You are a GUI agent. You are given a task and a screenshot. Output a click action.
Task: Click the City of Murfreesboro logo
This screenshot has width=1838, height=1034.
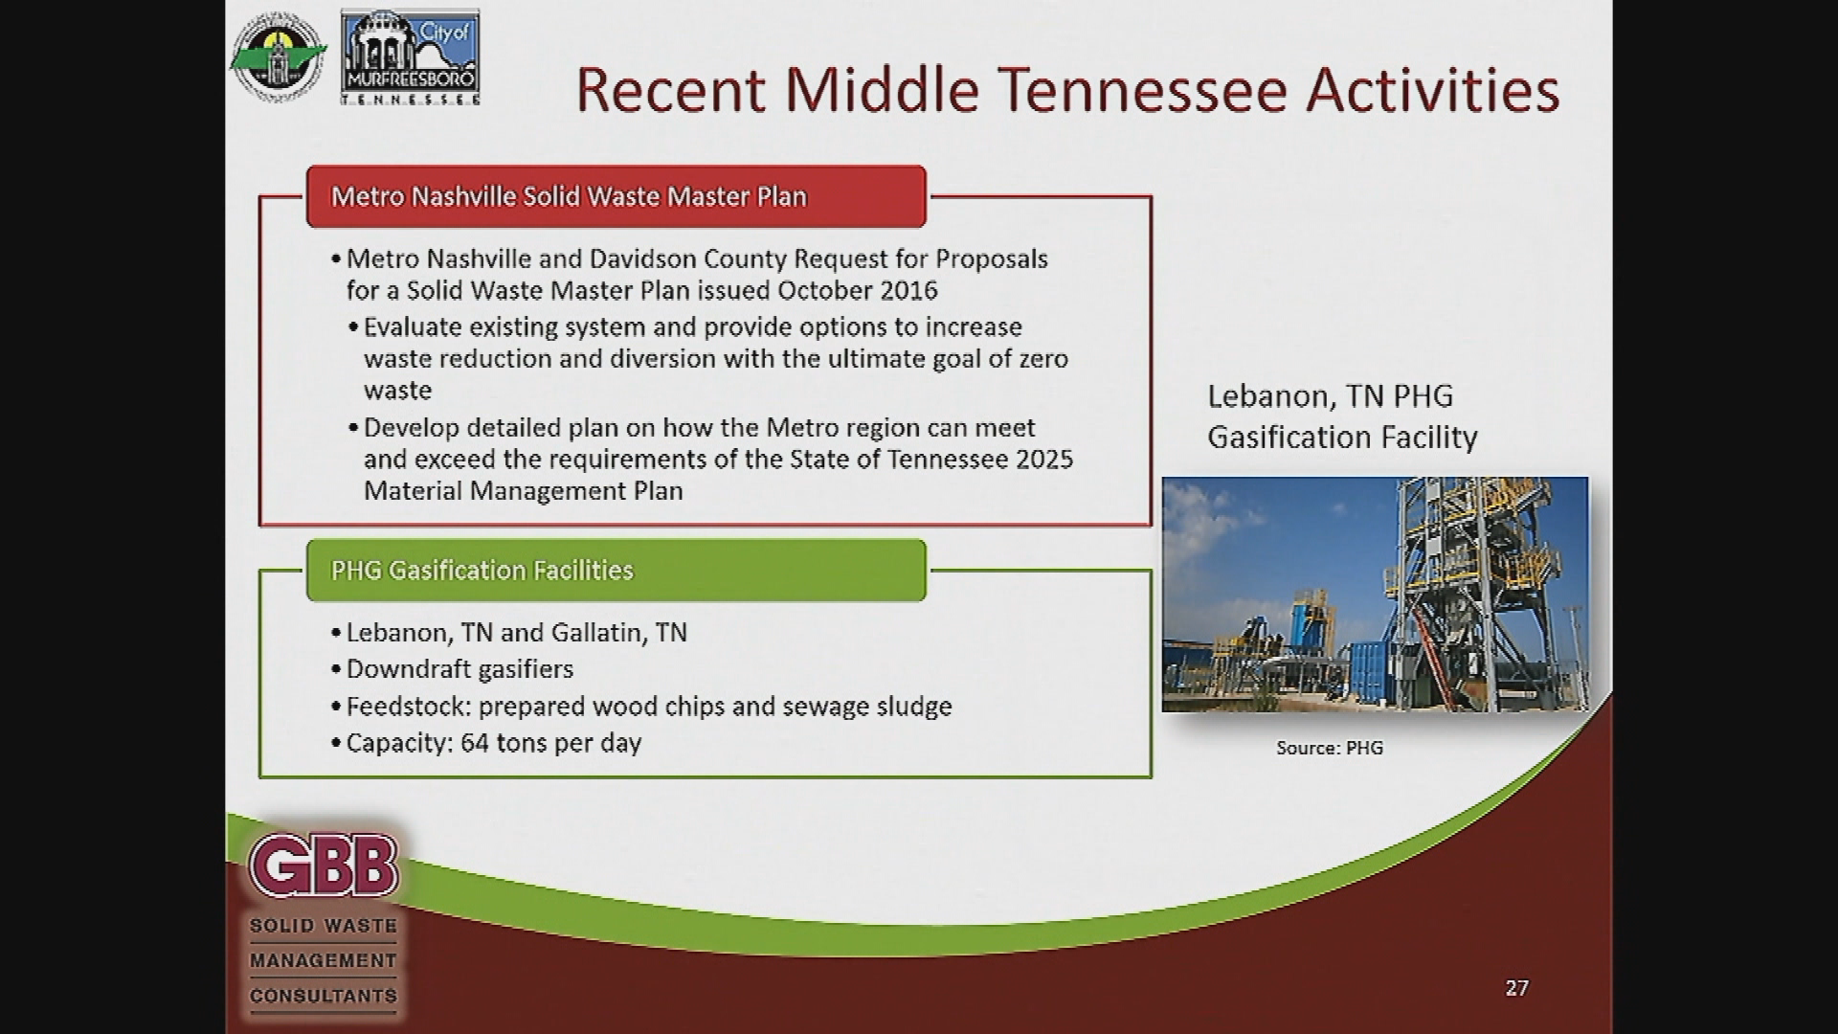pyautogui.click(x=411, y=57)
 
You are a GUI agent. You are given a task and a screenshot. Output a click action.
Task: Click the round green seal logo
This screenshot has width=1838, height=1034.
pyautogui.click(x=277, y=57)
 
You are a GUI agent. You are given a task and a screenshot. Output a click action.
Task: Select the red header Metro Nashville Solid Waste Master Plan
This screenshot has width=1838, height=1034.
pyautogui.click(x=616, y=196)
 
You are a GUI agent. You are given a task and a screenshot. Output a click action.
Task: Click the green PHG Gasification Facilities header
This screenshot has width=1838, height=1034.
pyautogui.click(x=616, y=571)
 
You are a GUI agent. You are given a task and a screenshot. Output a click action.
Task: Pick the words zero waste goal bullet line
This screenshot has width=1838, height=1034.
pyautogui.click(x=715, y=359)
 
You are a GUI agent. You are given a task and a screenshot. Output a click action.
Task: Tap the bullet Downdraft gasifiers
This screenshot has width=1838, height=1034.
pyautogui.click(x=459, y=669)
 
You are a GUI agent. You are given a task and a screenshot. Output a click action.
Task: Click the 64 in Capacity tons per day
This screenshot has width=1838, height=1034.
pyautogui.click(x=474, y=743)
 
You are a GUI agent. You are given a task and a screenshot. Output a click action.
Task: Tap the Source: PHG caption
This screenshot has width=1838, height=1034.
pyautogui.click(x=1329, y=748)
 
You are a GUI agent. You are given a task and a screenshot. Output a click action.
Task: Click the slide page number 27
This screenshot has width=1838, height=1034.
pyautogui.click(x=1516, y=988)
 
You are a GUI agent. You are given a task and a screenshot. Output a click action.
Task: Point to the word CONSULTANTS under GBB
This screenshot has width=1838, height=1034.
pyautogui.click(x=324, y=996)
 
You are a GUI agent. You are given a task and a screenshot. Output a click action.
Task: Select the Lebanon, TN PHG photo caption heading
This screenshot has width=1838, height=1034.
pyautogui.click(x=1340, y=416)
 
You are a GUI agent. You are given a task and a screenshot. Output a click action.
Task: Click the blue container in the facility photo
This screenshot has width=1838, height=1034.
pyautogui.click(x=1378, y=675)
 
